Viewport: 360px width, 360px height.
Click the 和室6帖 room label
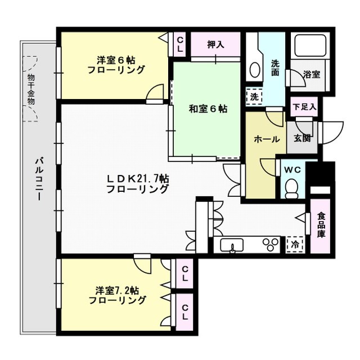point(208,109)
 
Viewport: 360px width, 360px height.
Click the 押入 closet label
point(215,45)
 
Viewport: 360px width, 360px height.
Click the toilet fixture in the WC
point(292,188)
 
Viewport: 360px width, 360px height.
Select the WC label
point(292,169)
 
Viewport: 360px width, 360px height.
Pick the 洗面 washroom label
point(276,68)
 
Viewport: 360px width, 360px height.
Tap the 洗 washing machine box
point(254,97)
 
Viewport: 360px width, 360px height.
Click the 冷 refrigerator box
point(294,245)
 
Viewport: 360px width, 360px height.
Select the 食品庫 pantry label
point(321,225)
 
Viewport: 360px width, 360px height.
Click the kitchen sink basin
point(231,245)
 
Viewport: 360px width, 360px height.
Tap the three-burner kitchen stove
point(269,244)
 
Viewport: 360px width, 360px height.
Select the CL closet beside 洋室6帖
point(179,44)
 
